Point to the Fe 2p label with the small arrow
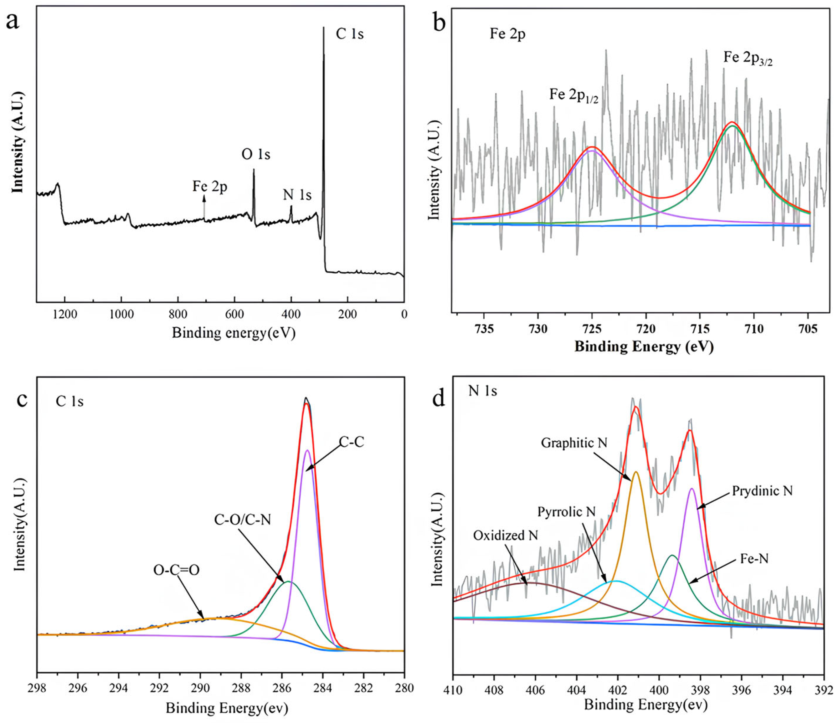209,187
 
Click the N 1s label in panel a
297,195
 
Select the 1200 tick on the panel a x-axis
65,314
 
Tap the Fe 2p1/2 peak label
573,95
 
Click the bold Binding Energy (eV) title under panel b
644,346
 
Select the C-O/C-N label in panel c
242,520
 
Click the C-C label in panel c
351,442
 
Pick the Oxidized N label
506,536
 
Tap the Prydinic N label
762,491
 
